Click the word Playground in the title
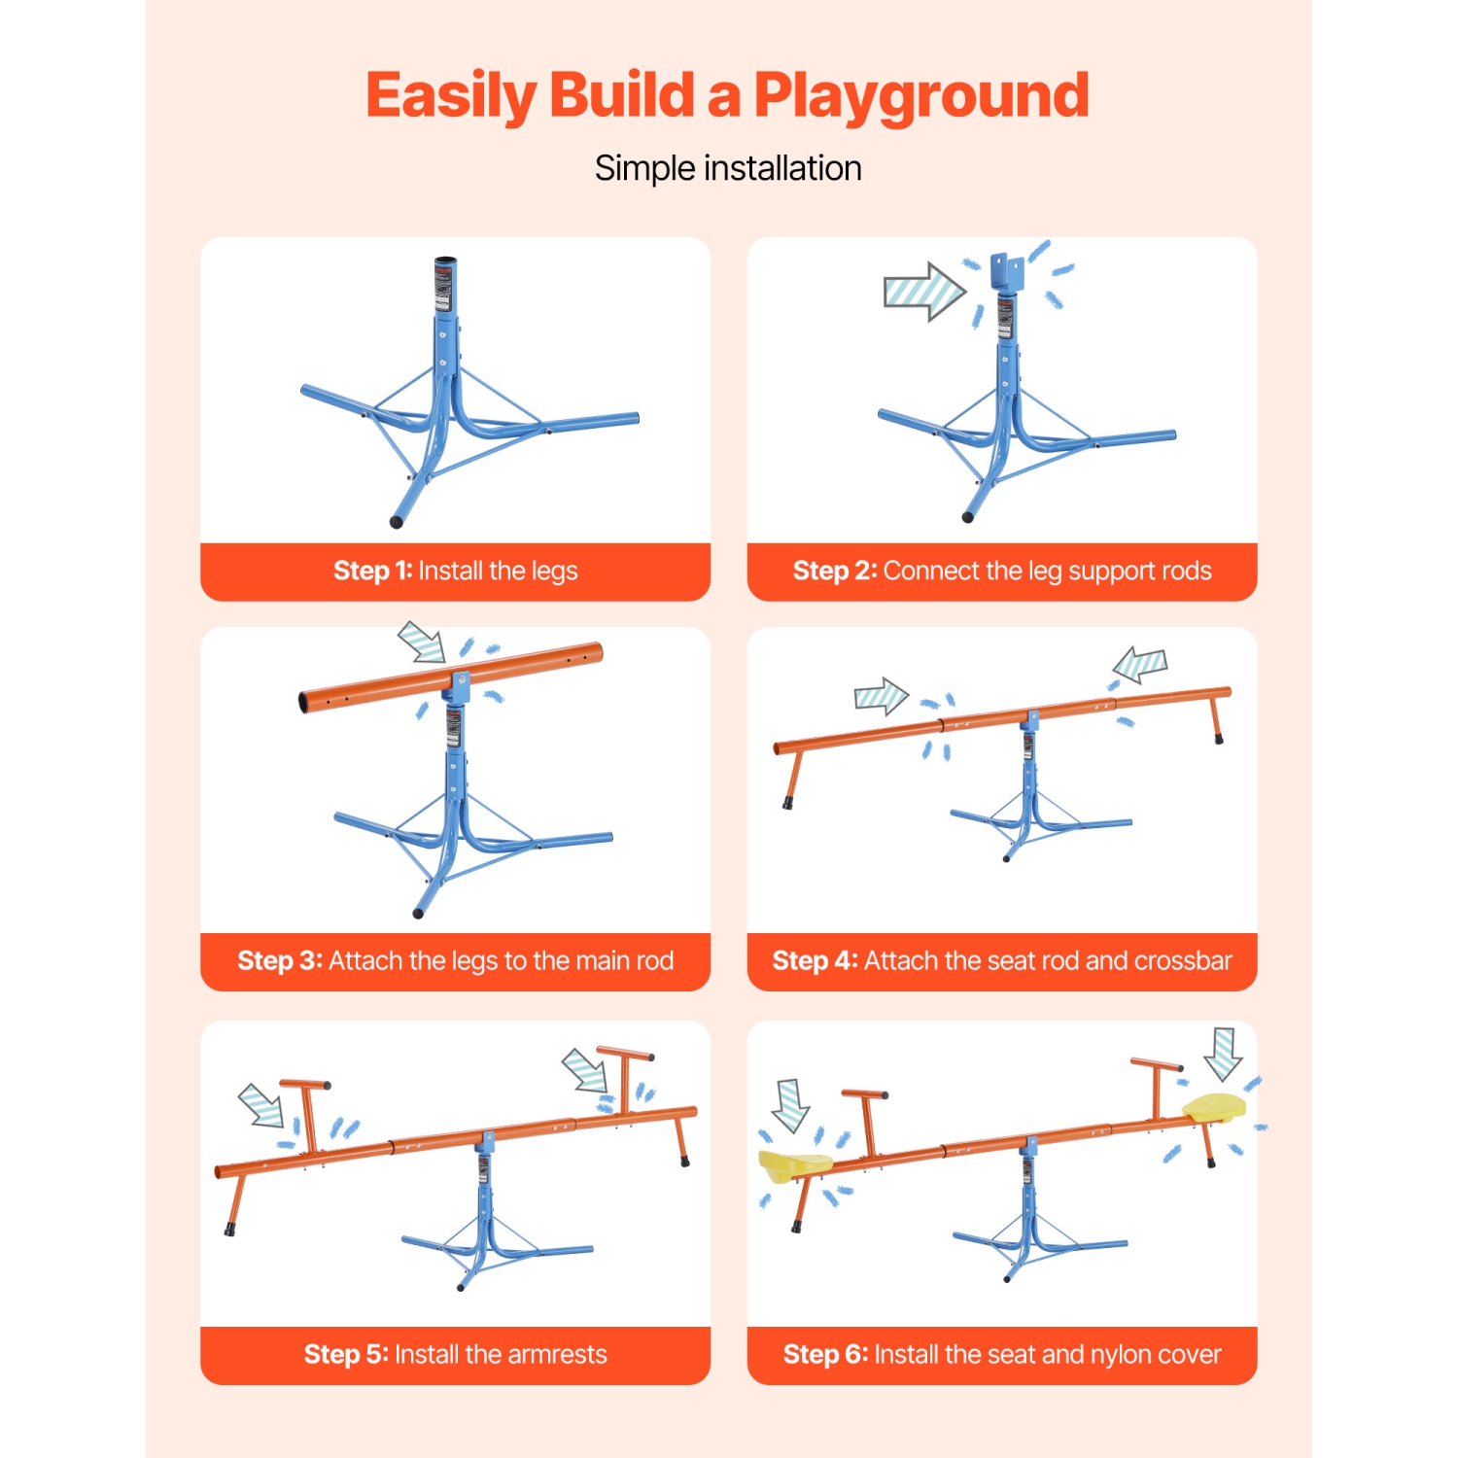(921, 97)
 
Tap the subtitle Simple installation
(728, 168)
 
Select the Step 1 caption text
(455, 571)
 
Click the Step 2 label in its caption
(835, 571)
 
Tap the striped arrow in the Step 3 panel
(423, 642)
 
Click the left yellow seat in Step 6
(794, 1163)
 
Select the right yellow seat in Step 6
(1214, 1107)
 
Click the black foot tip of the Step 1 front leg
(396, 522)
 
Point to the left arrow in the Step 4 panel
(881, 696)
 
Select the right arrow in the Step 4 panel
(1140, 666)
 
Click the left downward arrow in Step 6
(791, 1105)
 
